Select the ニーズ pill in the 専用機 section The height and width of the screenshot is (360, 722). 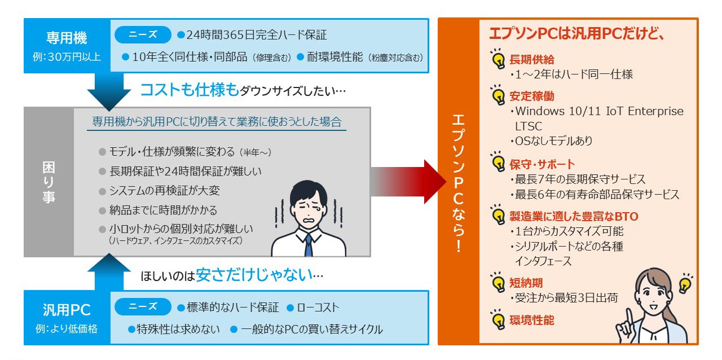coord(143,34)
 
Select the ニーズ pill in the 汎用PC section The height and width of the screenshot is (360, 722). coord(143,306)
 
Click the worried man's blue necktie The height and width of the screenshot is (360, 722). coord(309,245)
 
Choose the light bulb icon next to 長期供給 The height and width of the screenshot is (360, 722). coord(498,59)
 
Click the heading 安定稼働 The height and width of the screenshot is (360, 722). coord(531,96)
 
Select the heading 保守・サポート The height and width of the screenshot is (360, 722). coord(542,165)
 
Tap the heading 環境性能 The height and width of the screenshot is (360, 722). coord(531,320)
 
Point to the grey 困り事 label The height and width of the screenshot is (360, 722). coord(49,182)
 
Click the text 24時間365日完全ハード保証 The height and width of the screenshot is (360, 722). coord(257,35)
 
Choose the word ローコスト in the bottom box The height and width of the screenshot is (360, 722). coord(318,308)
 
